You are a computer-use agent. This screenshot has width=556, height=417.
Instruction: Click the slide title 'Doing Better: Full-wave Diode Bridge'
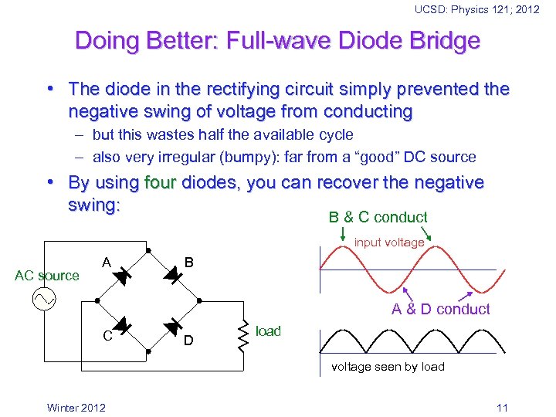277,40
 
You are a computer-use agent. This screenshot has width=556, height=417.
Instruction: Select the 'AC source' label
47,276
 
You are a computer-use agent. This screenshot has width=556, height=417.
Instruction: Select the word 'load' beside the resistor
268,331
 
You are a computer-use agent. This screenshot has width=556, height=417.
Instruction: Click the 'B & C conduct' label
378,217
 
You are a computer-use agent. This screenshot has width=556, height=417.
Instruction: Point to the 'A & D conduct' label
440,309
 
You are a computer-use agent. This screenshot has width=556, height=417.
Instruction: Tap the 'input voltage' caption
389,242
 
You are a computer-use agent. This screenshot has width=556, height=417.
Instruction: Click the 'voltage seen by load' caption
388,366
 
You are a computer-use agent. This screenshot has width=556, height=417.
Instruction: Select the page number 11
502,408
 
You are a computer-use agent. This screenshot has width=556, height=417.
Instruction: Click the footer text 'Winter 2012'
76,408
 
